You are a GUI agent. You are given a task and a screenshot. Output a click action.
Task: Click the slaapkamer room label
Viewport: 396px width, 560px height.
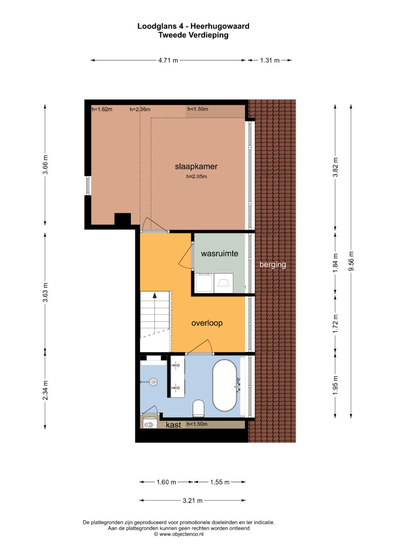pos(196,166)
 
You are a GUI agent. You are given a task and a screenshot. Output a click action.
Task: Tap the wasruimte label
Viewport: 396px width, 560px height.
pos(220,253)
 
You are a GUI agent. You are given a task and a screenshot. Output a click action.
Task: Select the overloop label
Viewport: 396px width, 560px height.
pos(207,323)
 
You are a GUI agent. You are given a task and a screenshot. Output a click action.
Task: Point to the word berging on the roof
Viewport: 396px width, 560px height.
pos(272,265)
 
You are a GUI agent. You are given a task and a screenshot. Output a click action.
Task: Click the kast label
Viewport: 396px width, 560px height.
pos(173,425)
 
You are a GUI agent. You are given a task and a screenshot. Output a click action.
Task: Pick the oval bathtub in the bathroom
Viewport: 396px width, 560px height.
pos(224,385)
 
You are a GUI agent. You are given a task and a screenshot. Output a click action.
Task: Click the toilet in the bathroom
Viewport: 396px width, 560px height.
pos(199,408)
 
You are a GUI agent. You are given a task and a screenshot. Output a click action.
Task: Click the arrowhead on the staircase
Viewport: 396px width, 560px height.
pos(155,295)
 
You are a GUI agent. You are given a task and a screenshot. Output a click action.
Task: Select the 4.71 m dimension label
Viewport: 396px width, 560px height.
pos(168,60)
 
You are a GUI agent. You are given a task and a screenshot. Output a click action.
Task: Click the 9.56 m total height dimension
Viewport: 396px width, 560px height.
pos(351,261)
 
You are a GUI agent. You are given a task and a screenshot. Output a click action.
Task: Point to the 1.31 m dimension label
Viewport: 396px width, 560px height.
pos(269,60)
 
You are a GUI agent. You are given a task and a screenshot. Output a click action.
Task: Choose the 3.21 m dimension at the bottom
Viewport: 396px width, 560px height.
pos(192,501)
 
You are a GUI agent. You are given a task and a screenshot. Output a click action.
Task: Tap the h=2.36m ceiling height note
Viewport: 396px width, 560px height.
pos(140,109)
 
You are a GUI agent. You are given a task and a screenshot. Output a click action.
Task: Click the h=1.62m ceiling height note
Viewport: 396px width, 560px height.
pos(102,109)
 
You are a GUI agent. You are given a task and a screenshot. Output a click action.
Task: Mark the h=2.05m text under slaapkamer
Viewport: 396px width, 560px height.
pos(197,176)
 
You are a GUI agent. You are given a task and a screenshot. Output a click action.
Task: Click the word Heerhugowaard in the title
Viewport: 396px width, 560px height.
pos(220,26)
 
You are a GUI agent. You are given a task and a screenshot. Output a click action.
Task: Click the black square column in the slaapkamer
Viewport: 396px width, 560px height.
pos(122,219)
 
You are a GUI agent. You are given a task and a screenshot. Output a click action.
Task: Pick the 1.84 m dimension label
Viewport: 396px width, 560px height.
pos(335,263)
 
